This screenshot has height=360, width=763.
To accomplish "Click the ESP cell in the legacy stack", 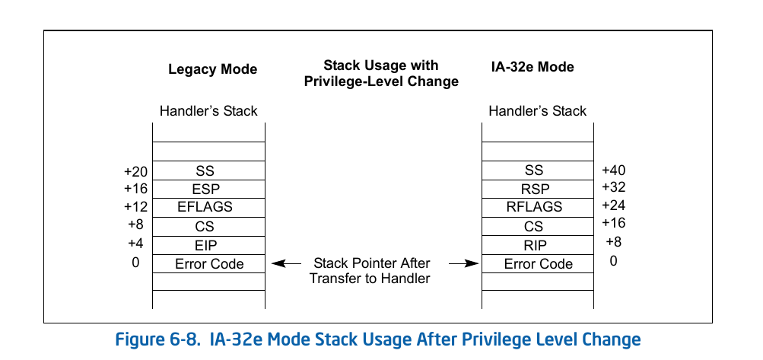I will click(x=209, y=189).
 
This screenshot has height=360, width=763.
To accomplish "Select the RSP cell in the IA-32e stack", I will click(x=538, y=189).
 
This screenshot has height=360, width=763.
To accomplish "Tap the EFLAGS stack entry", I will click(x=209, y=207).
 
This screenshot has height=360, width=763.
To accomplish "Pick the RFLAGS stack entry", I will click(x=538, y=207).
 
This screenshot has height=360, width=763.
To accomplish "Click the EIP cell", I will click(x=209, y=245).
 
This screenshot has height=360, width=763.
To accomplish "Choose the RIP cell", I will click(x=538, y=245).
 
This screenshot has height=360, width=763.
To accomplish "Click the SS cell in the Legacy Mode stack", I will click(x=209, y=170).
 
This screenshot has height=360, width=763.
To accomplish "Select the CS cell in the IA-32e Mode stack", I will click(x=538, y=226).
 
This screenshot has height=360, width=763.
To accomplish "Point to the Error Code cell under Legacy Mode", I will click(x=209, y=264).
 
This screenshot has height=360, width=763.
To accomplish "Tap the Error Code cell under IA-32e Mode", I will click(x=538, y=264).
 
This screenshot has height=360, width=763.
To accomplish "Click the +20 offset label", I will click(x=135, y=172).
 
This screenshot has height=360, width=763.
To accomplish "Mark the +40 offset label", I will click(x=613, y=170).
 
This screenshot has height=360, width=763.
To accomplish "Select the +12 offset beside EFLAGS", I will click(x=135, y=206).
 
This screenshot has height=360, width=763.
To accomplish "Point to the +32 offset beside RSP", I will click(x=613, y=187).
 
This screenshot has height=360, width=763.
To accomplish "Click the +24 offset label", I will click(x=613, y=205).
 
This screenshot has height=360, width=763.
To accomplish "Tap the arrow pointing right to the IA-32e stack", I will click(x=463, y=264).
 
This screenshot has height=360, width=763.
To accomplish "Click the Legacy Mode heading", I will click(x=212, y=69).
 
